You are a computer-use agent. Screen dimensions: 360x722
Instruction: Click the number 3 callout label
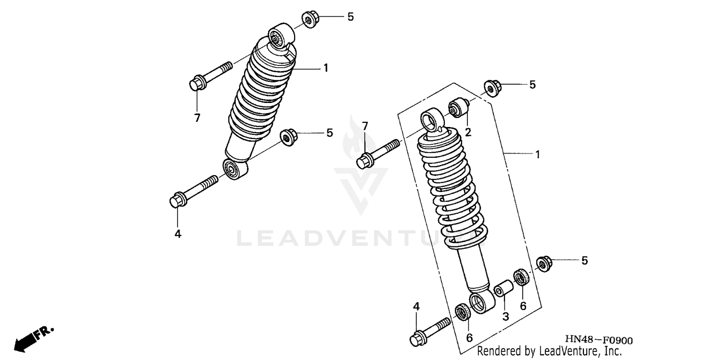point(505,316)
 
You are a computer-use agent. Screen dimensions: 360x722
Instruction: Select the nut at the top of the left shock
point(308,19)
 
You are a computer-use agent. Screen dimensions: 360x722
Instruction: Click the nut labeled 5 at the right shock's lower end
point(543,263)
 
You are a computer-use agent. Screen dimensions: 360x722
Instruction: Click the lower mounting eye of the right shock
point(482,303)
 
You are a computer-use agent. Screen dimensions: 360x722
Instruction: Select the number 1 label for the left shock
point(326,68)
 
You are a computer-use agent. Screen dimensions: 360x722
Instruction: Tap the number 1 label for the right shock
point(537,154)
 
